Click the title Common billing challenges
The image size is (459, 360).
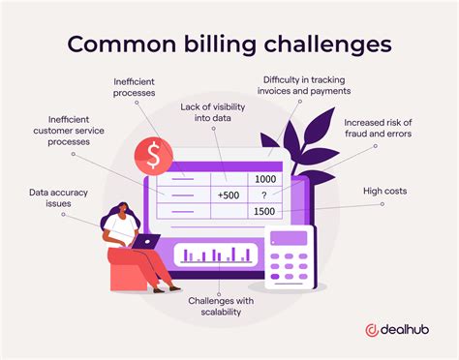coord(229,45)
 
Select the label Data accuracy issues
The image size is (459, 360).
coord(50,198)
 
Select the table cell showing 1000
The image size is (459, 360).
coord(263,179)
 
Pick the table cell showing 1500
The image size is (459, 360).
coord(263,211)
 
